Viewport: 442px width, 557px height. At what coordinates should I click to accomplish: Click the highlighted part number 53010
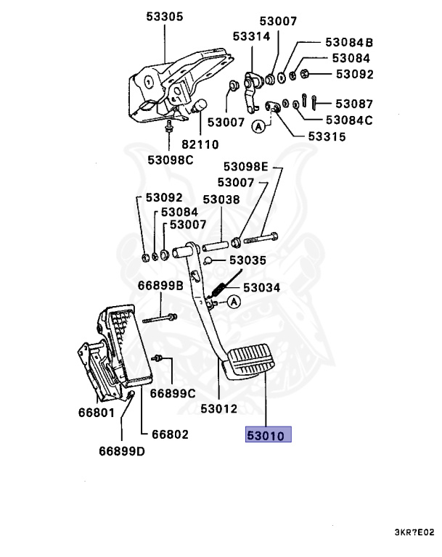click(x=269, y=434)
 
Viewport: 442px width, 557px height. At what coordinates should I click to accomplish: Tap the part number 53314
click(x=251, y=36)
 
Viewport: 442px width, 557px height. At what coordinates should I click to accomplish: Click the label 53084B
click(x=348, y=42)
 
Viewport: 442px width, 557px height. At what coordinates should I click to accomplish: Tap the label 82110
click(x=200, y=144)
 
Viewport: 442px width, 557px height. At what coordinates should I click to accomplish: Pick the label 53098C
click(x=171, y=160)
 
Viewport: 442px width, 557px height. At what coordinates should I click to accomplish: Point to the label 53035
click(x=247, y=260)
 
